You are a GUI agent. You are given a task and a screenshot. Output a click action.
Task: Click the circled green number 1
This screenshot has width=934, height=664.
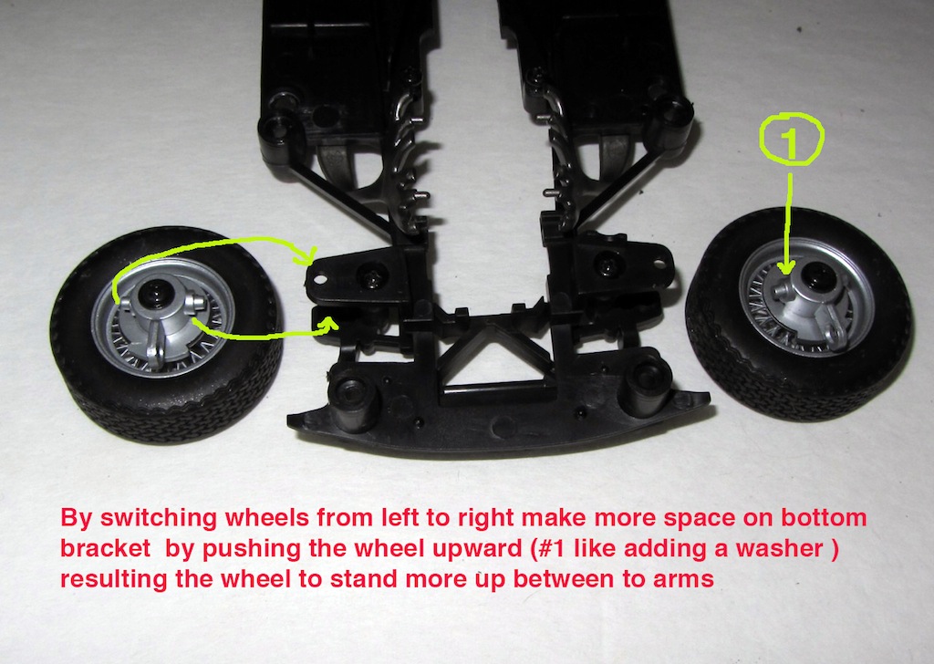click(791, 140)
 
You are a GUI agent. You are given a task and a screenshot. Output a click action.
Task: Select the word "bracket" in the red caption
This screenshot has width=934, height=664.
click(106, 548)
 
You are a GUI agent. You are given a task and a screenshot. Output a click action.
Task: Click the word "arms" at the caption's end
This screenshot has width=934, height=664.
click(684, 579)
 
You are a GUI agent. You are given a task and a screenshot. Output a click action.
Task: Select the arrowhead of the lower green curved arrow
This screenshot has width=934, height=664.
click(329, 324)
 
